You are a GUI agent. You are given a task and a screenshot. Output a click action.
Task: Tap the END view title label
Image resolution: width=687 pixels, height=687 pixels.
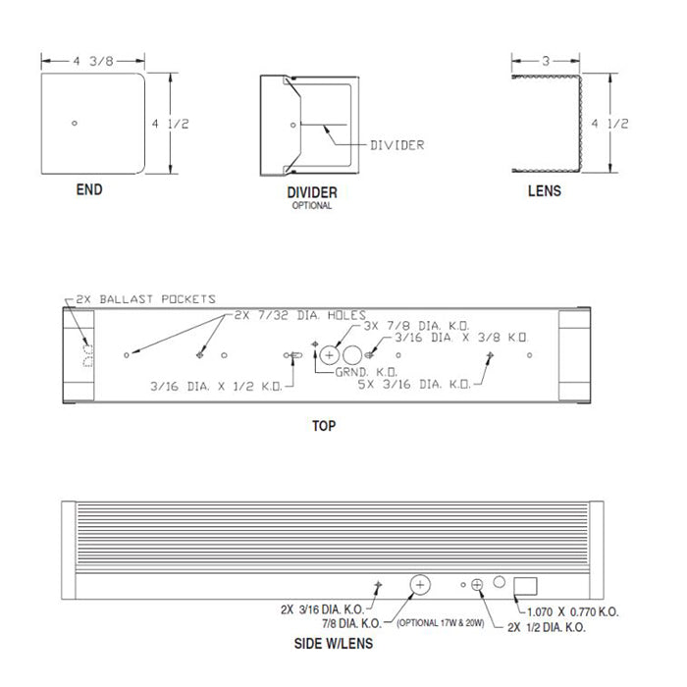tap(88, 190)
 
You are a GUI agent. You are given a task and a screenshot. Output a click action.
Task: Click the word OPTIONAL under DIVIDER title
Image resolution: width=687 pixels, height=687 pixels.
tap(310, 206)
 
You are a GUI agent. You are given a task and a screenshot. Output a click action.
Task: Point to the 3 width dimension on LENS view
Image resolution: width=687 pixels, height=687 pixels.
tap(545, 61)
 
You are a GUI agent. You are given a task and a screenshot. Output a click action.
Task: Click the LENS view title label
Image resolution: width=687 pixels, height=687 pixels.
tap(545, 190)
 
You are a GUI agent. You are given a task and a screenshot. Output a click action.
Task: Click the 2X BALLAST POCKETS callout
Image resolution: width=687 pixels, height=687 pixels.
tap(140, 299)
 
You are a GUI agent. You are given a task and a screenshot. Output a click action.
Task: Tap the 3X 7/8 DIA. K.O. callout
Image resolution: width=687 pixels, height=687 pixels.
tap(415, 325)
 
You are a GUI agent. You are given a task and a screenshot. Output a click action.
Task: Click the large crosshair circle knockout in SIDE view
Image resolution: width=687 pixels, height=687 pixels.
tap(420, 585)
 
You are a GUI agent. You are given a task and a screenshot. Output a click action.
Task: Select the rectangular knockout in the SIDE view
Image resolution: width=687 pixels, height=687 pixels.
tap(526, 587)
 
